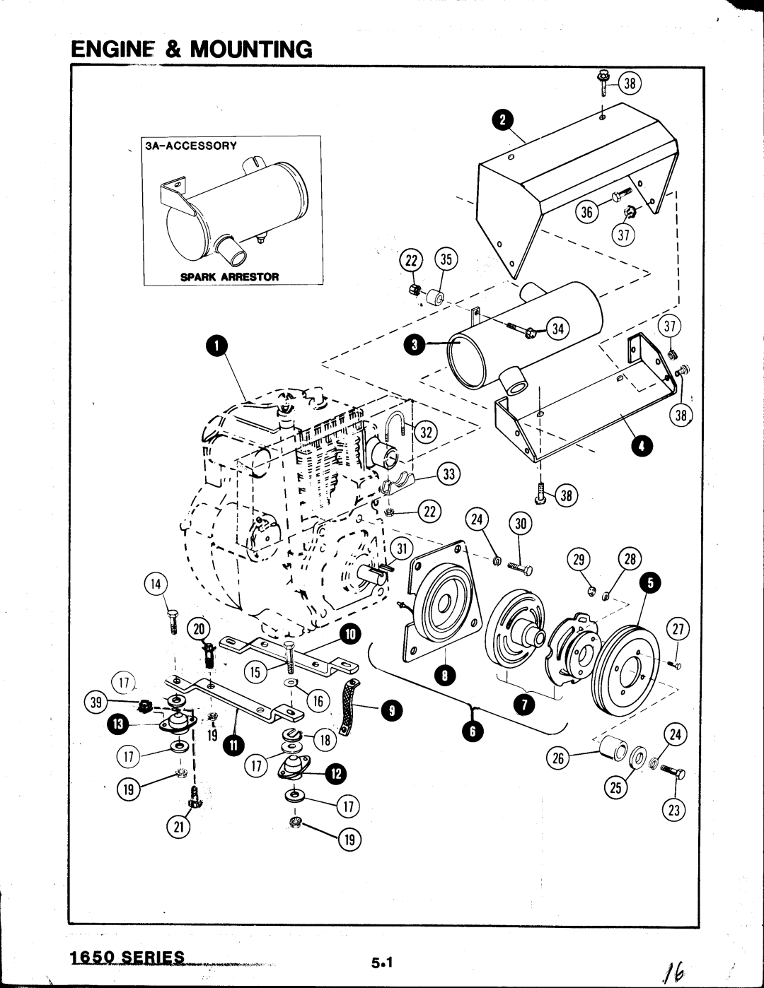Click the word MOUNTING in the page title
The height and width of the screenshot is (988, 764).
pos(251,49)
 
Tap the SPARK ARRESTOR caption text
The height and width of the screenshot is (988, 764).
pos(229,277)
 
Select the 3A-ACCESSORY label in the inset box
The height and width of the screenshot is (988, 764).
pos(191,146)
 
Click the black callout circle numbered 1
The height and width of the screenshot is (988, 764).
pos(216,346)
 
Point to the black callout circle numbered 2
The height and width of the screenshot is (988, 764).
pos(503,120)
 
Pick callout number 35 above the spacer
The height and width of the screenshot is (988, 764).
pos(446,259)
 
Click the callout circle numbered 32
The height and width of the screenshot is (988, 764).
pos(425,433)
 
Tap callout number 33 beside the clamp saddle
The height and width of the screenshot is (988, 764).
pos(448,474)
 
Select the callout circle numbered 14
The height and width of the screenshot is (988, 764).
pos(156,584)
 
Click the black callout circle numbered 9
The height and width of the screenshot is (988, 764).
pos(392,711)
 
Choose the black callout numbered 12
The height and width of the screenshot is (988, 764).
pos(335,773)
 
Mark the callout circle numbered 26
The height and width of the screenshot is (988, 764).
pos(558,758)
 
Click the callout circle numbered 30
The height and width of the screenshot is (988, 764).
pos(521,524)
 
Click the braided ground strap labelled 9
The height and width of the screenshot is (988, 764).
pos(349,707)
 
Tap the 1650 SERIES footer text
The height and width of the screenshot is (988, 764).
pos(127,957)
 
